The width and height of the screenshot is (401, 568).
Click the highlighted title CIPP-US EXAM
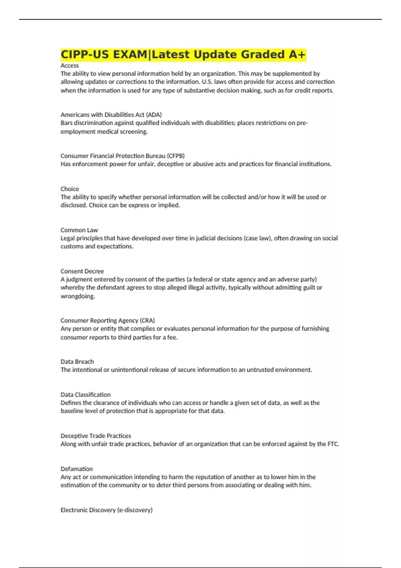point(104,54)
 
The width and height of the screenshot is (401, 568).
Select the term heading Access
point(70,65)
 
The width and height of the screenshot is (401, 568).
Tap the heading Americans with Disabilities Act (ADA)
point(111,115)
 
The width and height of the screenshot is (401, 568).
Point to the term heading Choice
point(70,189)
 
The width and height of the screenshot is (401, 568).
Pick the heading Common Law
point(79,230)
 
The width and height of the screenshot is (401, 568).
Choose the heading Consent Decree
point(82,271)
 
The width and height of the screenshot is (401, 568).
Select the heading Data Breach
point(77,362)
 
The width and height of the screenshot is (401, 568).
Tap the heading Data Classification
point(86,395)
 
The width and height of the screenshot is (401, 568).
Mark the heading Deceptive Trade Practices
point(96,436)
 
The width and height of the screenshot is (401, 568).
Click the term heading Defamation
point(77,469)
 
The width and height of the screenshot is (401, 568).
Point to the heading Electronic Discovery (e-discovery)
point(106,510)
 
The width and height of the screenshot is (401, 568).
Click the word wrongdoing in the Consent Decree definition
point(78,296)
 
